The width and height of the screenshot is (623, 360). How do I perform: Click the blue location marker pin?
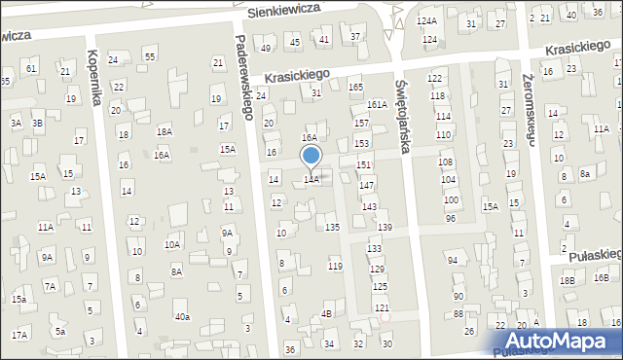(311, 157)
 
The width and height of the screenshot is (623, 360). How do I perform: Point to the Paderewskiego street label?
(244, 79)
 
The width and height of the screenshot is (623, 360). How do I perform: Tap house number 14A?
(311, 180)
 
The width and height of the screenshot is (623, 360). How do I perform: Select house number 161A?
(378, 105)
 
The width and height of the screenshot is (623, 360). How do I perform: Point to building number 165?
(356, 88)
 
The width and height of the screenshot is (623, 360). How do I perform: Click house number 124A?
(426, 20)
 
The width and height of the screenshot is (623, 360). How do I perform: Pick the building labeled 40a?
(182, 317)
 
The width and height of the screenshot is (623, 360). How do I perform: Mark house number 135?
(332, 227)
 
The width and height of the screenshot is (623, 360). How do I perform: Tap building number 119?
(335, 266)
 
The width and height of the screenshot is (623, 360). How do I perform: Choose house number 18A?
(165, 131)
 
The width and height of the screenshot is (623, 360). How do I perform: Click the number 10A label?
(171, 245)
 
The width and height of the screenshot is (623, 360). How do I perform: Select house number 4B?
(327, 313)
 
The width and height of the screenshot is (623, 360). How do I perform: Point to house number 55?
(149, 57)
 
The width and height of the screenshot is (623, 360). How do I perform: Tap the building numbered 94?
(452, 261)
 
